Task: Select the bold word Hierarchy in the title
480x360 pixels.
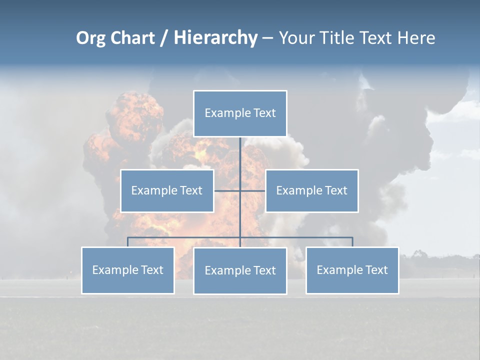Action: [x=215, y=38]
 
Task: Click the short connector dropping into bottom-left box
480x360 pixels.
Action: [x=127, y=242]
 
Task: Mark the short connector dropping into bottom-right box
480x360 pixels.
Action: [x=352, y=242]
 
